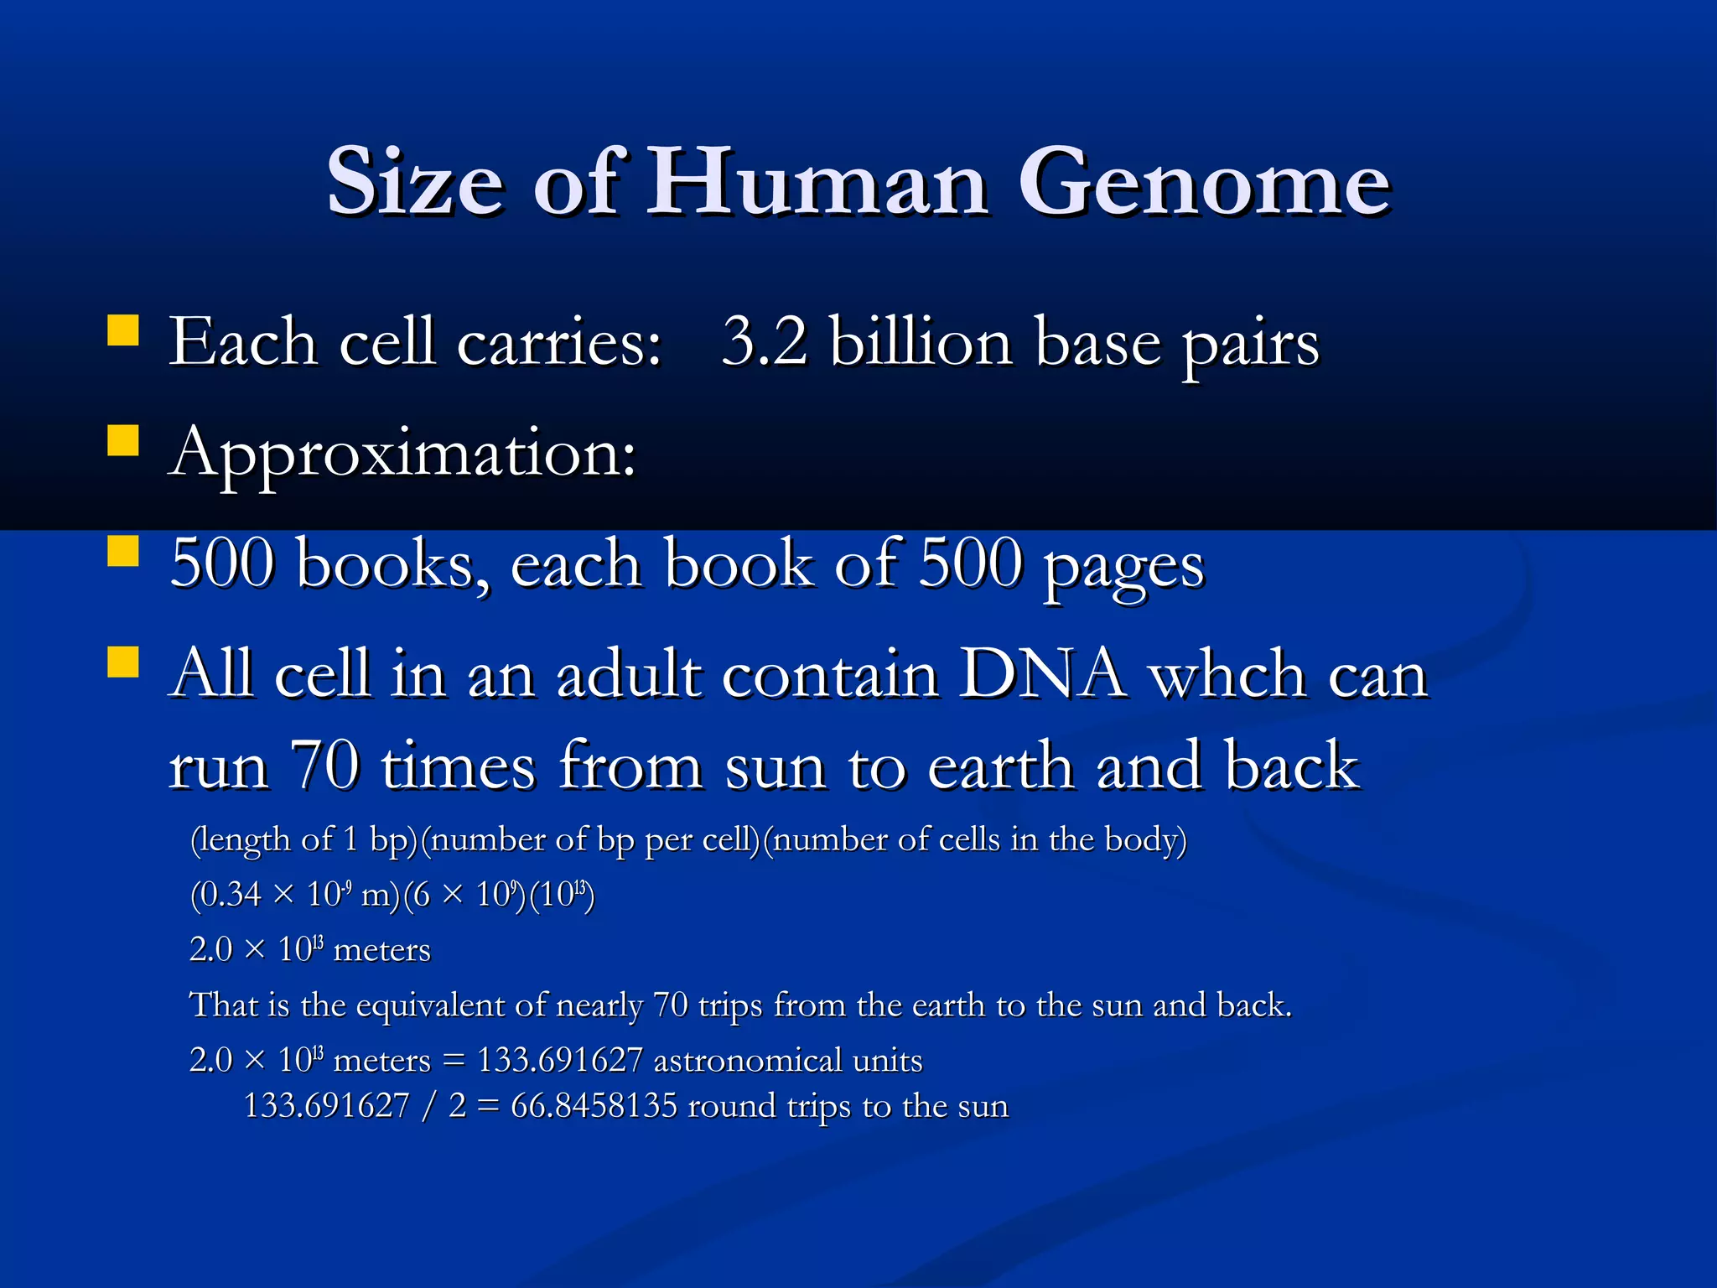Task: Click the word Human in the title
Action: tap(817, 183)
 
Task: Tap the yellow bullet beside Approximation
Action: tap(123, 439)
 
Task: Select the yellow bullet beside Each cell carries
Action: tap(123, 330)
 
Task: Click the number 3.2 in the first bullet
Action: tap(764, 342)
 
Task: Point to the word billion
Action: tap(921, 342)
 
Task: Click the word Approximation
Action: tap(402, 454)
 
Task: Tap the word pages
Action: tap(1123, 567)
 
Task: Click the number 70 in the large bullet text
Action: tap(324, 765)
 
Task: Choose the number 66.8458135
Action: tap(594, 1106)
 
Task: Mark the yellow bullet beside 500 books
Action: tap(123, 552)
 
